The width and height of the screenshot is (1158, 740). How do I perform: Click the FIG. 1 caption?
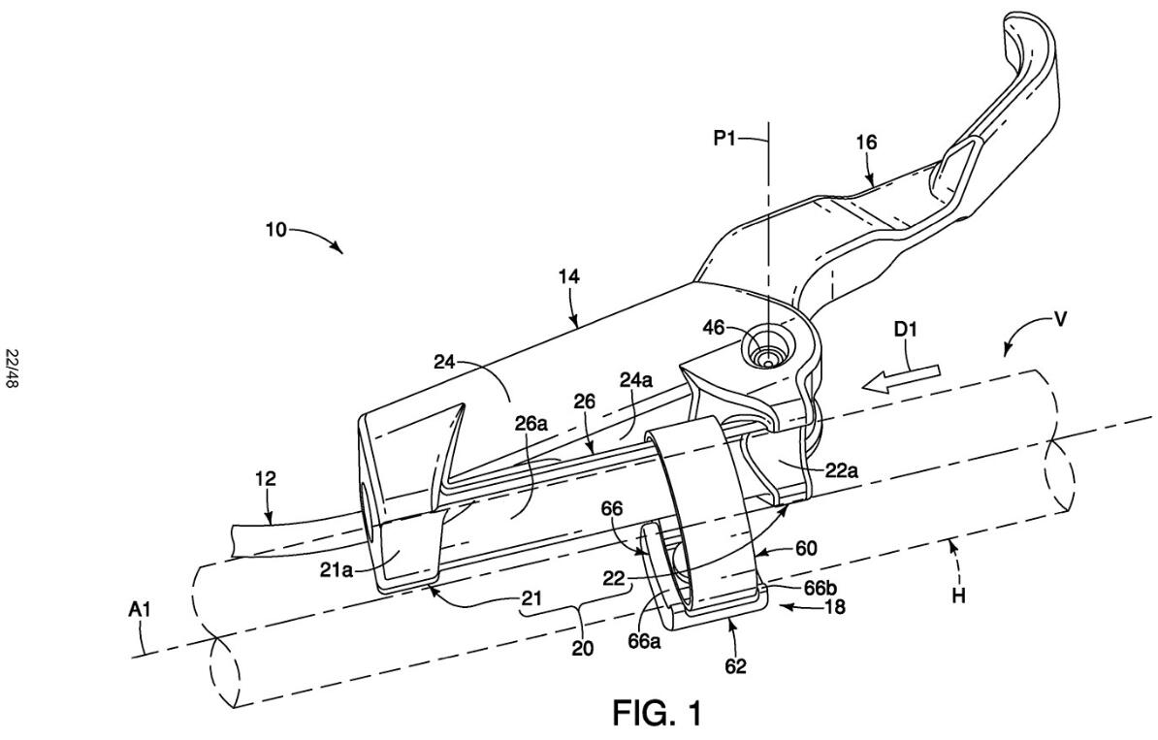[x=657, y=714]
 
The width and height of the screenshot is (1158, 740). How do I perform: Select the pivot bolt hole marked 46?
[x=769, y=347]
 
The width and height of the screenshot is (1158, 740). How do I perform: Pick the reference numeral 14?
[x=569, y=277]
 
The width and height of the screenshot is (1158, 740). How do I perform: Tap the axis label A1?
[x=139, y=609]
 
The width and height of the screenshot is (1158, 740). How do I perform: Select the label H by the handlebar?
[x=958, y=595]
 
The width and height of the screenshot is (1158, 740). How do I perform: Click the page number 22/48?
[x=13, y=369]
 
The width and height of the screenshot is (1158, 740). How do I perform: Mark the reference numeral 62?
[x=735, y=665]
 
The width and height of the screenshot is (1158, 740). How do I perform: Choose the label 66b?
[x=819, y=587]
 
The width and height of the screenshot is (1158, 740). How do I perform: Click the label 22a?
[x=841, y=470]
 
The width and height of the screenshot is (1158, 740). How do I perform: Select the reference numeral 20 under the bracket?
[x=583, y=648]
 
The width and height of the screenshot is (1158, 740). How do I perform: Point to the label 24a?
[x=635, y=381]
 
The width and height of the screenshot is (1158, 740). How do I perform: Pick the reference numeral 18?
[x=836, y=606]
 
